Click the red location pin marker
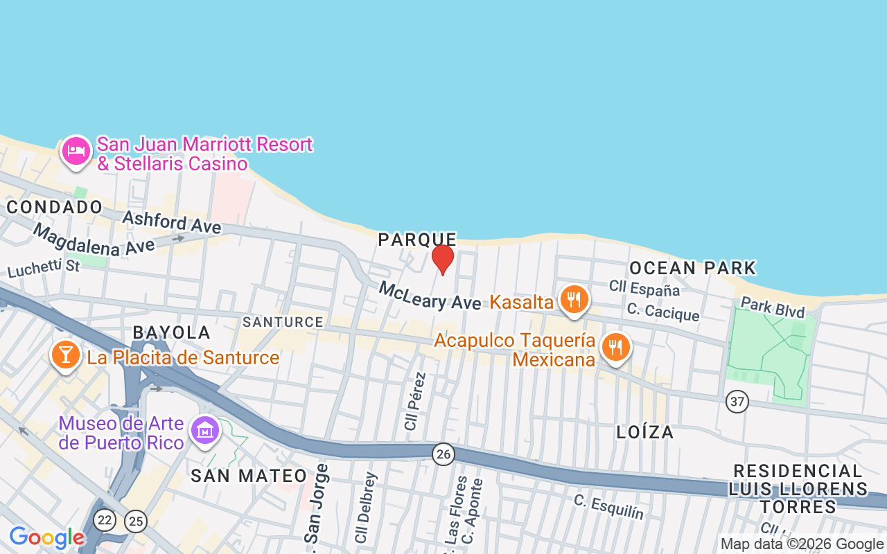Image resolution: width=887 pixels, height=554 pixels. point(443,259)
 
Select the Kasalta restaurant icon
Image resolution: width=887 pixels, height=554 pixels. point(574,300)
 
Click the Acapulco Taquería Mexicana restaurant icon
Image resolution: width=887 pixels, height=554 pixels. point(615,347)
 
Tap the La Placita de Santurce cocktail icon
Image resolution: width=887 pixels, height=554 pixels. point(65,355)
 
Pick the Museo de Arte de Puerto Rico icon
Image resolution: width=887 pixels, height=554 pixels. point(205,431)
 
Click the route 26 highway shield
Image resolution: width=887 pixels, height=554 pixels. point(443,454)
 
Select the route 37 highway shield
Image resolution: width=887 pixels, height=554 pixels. point(737,401)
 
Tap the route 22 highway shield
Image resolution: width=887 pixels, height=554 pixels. point(105,519)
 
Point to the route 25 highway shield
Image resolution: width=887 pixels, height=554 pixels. point(136,521)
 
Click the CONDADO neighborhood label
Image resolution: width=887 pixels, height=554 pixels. point(54,207)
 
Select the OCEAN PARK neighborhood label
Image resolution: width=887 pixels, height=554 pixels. point(692,268)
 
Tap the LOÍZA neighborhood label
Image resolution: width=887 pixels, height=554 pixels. point(645,432)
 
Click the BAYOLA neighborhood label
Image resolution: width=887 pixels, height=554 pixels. point(172,332)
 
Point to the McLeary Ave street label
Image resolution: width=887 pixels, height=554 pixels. point(430,296)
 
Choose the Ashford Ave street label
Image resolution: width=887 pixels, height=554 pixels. point(172,222)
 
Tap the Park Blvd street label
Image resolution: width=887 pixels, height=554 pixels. point(773,307)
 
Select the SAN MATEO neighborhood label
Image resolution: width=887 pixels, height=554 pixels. point(249,476)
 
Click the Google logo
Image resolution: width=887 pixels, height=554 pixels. point(46,537)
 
